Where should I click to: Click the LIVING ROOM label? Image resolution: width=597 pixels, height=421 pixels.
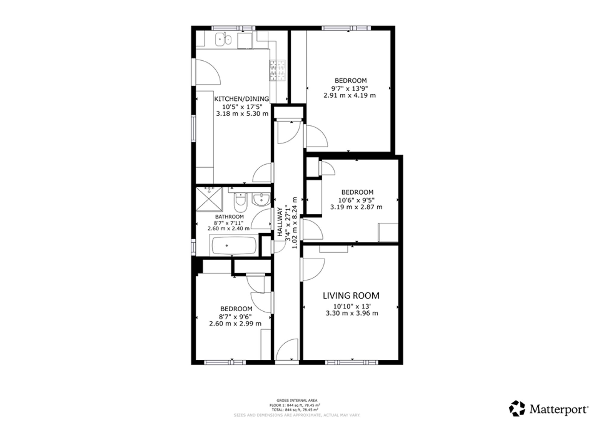tap(351, 296)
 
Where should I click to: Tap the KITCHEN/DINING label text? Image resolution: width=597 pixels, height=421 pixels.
tap(241, 99)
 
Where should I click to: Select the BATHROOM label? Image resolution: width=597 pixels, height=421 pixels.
tap(229, 217)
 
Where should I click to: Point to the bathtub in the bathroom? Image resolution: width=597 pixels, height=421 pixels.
tap(234, 246)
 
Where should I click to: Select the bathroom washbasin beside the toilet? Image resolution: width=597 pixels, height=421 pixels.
tap(261, 199)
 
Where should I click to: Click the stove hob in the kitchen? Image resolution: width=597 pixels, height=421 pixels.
tap(277, 71)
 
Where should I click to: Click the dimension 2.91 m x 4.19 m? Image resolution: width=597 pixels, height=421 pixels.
tap(350, 96)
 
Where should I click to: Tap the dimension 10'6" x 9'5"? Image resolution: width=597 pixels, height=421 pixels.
tap(356, 200)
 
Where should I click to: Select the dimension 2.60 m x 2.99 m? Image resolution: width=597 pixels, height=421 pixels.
tap(235, 324)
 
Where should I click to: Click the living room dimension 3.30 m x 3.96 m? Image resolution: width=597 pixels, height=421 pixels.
tap(352, 313)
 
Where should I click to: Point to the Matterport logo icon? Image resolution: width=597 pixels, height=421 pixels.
tap(517, 408)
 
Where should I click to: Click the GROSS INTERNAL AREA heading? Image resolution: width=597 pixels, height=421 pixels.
tap(297, 400)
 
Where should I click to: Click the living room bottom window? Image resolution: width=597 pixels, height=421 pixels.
tap(352, 362)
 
